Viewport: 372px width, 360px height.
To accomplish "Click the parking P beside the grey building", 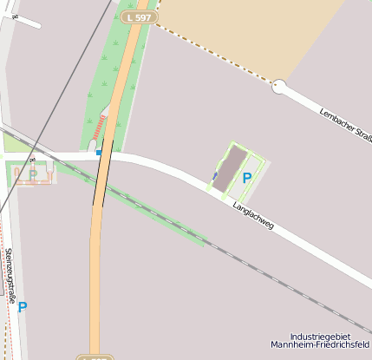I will (247, 178).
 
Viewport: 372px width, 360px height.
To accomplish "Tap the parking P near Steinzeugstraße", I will (23, 306).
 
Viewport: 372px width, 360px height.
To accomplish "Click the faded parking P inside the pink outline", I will (32, 174).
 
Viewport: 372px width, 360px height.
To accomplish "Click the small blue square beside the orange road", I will (99, 153).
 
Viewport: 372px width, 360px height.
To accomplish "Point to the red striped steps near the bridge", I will (101, 128).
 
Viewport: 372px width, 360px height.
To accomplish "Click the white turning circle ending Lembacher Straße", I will (279, 87).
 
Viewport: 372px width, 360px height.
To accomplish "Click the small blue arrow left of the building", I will (215, 176).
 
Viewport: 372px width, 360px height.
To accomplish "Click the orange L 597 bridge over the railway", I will (103, 182).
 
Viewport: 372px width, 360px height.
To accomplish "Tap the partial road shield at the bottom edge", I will (95, 357).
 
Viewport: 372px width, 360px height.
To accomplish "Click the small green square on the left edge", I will (10, 142).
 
